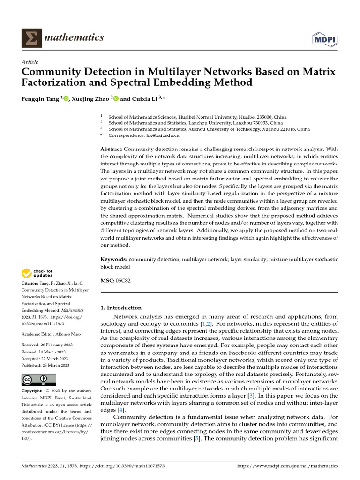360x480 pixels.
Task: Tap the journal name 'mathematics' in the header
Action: pyautogui.click(x=74, y=37)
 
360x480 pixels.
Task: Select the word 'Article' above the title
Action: pyautogui.click(x=30, y=62)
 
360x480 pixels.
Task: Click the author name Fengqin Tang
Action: pyautogui.click(x=40, y=98)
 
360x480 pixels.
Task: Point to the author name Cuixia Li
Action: pyautogui.click(x=143, y=98)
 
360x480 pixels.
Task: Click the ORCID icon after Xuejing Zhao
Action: pyautogui.click(x=116, y=98)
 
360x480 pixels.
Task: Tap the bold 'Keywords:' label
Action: pyautogui.click(x=114, y=259)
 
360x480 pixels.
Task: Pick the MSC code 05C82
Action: pyautogui.click(x=124, y=280)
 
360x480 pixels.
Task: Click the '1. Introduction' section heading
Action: pyautogui.click(x=121, y=308)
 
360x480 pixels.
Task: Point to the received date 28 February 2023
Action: pyautogui.click(x=55, y=345)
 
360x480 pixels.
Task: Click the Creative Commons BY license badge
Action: pyautogui.click(x=39, y=379)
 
